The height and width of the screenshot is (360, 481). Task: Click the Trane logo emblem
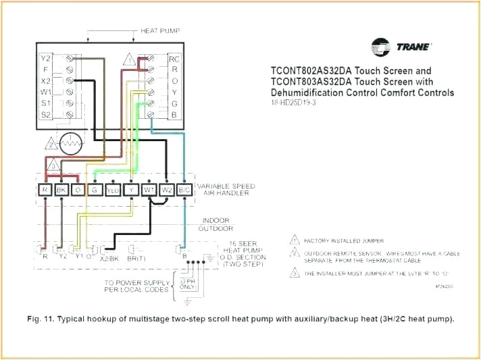pyautogui.click(x=381, y=47)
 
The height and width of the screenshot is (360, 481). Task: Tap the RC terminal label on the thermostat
pyautogui.click(x=174, y=58)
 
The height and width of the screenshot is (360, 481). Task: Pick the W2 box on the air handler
pyautogui.click(x=166, y=190)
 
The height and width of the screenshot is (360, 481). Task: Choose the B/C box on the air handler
pyautogui.click(x=184, y=190)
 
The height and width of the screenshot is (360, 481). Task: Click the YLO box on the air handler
pyautogui.click(x=113, y=190)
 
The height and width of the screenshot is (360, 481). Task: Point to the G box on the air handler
pyautogui.click(x=95, y=190)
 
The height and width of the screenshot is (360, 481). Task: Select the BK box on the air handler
pyautogui.click(x=61, y=190)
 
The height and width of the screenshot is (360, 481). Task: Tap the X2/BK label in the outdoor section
pyautogui.click(x=110, y=257)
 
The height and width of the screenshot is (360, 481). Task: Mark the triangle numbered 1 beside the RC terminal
pyautogui.click(x=128, y=61)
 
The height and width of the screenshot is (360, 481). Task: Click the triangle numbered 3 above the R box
pyautogui.click(x=53, y=165)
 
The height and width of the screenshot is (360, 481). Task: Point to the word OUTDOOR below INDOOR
pyautogui.click(x=215, y=228)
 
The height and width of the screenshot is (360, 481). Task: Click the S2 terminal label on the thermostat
pyautogui.click(x=45, y=115)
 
